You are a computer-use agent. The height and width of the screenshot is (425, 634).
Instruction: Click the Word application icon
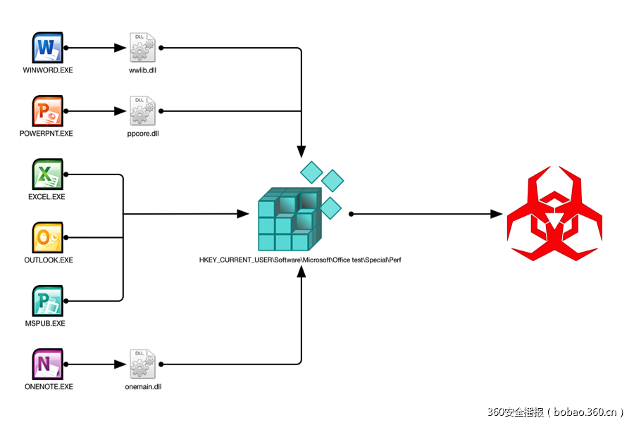coord(47,48)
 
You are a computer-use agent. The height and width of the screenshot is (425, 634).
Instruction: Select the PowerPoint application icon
coord(47,111)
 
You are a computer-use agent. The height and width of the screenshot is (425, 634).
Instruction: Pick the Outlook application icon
coord(47,238)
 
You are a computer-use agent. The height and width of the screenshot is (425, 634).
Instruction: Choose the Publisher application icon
coord(47,301)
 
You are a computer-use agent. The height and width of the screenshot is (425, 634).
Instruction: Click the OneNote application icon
coord(47,364)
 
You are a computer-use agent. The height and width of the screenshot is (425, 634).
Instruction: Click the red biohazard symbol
coord(555,213)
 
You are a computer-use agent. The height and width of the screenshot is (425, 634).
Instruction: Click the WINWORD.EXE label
coord(48,70)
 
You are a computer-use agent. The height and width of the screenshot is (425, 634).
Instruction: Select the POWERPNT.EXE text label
coord(48,134)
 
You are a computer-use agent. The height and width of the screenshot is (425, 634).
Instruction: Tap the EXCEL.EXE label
coord(46,197)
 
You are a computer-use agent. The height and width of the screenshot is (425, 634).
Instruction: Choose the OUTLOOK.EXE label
coord(48,260)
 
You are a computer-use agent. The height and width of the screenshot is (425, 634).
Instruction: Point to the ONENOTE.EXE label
coord(48,387)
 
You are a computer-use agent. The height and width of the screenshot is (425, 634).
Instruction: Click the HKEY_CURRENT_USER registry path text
coord(300,260)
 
